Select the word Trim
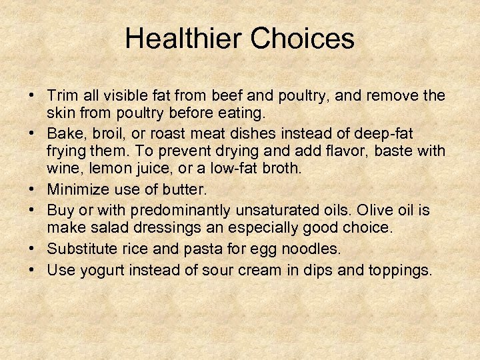click(x=62, y=97)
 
